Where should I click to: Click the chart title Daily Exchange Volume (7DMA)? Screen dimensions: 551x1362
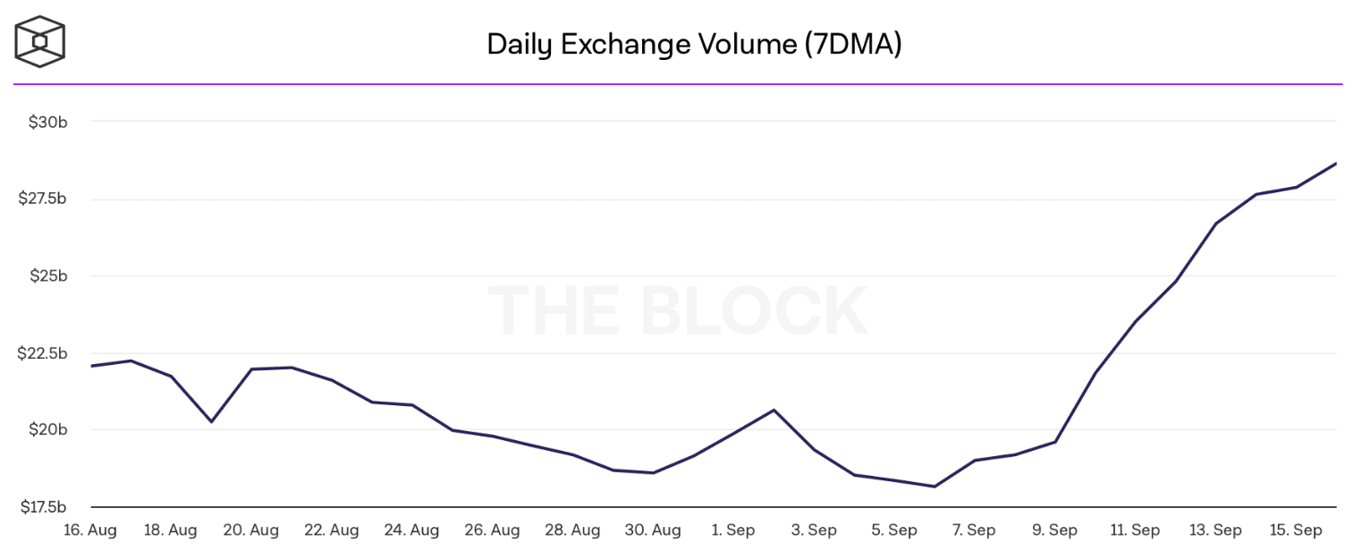tap(693, 44)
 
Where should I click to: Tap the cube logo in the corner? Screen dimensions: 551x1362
tap(39, 41)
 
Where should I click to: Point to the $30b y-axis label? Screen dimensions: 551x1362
tap(43, 122)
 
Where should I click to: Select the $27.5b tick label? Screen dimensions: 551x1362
tap(43, 199)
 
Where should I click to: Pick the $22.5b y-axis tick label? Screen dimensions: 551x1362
tap(43, 353)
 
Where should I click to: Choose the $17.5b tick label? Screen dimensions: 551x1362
tap(43, 507)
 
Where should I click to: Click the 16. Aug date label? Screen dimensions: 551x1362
tap(90, 530)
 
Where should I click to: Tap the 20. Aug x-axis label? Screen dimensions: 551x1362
tap(251, 530)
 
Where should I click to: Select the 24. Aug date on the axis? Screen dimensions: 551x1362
tap(412, 530)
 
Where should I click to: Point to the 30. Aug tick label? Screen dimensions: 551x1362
tap(653, 530)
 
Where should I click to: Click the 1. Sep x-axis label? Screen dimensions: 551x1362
tap(733, 530)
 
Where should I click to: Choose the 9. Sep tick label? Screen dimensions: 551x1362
tap(1054, 530)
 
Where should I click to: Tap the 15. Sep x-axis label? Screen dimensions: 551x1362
tap(1296, 530)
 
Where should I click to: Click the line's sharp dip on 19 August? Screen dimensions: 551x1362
tap(211, 421)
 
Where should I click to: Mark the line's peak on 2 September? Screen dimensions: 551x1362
tap(774, 410)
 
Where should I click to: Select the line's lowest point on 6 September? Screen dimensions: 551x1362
tap(935, 487)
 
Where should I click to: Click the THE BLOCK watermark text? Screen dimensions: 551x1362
tap(678, 311)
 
